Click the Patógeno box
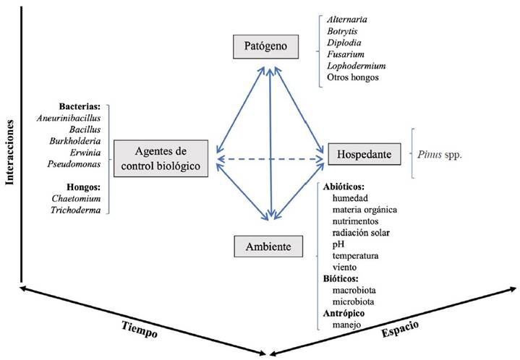[x=265, y=46]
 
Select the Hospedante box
[x=365, y=154]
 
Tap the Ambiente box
[x=268, y=247]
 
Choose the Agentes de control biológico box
[x=161, y=158]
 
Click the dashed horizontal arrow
[x=270, y=160]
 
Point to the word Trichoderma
[x=76, y=210]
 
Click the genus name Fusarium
[x=346, y=54]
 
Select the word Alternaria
[x=347, y=20]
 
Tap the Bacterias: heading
[x=80, y=106]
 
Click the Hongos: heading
[x=84, y=187]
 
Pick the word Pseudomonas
[x=74, y=164]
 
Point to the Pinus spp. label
[x=440, y=155]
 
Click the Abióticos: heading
[x=344, y=187]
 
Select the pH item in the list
[x=338, y=244]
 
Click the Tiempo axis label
[x=140, y=329]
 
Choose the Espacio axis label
[x=400, y=328]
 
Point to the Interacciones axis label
[x=10, y=152]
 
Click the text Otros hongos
[x=353, y=77]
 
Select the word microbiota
[x=353, y=301]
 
